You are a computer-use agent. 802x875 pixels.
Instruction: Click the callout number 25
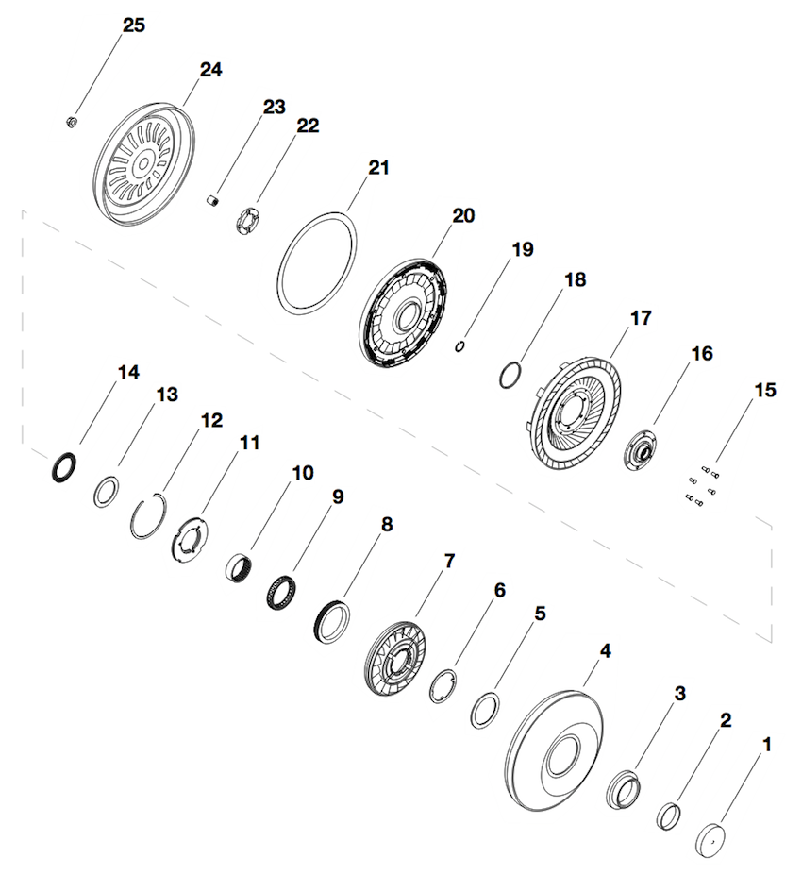pyautogui.click(x=133, y=25)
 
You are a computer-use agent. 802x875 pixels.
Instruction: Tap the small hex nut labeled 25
pyautogui.click(x=72, y=121)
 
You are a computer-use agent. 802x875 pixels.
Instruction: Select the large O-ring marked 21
pyautogui.click(x=317, y=259)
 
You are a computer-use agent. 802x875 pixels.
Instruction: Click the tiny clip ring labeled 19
pyautogui.click(x=459, y=346)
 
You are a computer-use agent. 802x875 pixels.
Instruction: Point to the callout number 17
pyautogui.click(x=641, y=317)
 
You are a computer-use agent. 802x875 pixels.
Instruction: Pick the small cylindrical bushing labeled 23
pyautogui.click(x=212, y=200)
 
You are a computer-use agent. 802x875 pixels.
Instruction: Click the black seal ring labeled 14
pyautogui.click(x=64, y=467)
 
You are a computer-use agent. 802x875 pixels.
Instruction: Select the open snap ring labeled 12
pyautogui.click(x=149, y=516)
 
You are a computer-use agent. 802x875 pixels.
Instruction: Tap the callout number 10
pyautogui.click(x=303, y=473)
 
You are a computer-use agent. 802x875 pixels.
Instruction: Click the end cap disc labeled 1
pyautogui.click(x=711, y=840)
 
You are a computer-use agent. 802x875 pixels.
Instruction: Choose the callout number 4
pyautogui.click(x=605, y=650)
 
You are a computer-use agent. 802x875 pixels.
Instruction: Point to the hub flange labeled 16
pyautogui.click(x=640, y=450)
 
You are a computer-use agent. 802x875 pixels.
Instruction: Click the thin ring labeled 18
pyautogui.click(x=510, y=375)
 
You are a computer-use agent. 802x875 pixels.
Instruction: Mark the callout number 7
pyautogui.click(x=449, y=561)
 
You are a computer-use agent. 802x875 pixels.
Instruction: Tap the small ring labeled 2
pyautogui.click(x=668, y=816)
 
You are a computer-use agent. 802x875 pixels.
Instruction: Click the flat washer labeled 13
pyautogui.click(x=106, y=491)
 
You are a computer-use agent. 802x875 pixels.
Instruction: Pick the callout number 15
pyautogui.click(x=764, y=390)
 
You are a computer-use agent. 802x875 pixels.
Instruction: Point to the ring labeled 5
pyautogui.click(x=485, y=710)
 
